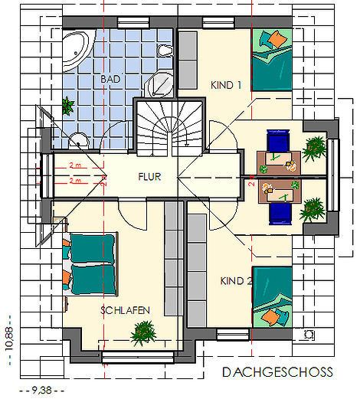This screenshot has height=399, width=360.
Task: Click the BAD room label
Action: pyautogui.click(x=110, y=79)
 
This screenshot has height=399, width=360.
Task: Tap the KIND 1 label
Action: pyautogui.click(x=226, y=85)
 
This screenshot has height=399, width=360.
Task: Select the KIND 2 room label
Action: pyautogui.click(x=236, y=281)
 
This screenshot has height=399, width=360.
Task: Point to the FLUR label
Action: pyautogui.click(x=149, y=177)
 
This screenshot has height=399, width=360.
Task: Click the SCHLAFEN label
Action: pyautogui.click(x=125, y=310)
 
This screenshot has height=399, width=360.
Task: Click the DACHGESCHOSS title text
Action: pyautogui.click(x=278, y=372)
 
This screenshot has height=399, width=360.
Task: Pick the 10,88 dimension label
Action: pyautogui.click(x=9, y=338)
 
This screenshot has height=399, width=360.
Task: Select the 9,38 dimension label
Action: pyautogui.click(x=41, y=390)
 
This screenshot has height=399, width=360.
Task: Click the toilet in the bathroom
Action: pyautogui.click(x=165, y=51)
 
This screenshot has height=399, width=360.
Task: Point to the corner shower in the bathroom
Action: pyautogui.click(x=159, y=83)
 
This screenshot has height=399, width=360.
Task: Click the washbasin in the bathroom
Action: pyautogui.click(x=79, y=140)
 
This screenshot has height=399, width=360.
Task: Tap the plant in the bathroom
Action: pyautogui.click(x=68, y=106)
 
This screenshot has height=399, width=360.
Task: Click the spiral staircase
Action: pyautogui.click(x=170, y=128)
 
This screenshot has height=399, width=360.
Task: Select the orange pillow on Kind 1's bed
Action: pyautogui.click(x=278, y=39)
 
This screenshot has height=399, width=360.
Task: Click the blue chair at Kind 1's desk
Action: pyautogui.click(x=278, y=140)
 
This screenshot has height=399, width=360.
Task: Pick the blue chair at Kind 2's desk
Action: pyautogui.click(x=280, y=214)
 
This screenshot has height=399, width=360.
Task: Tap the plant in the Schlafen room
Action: pyautogui.click(x=143, y=333)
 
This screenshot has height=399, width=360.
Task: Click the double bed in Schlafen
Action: pyautogui.click(x=90, y=263)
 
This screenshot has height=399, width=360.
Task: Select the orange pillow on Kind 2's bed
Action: pyautogui.click(x=270, y=317)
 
